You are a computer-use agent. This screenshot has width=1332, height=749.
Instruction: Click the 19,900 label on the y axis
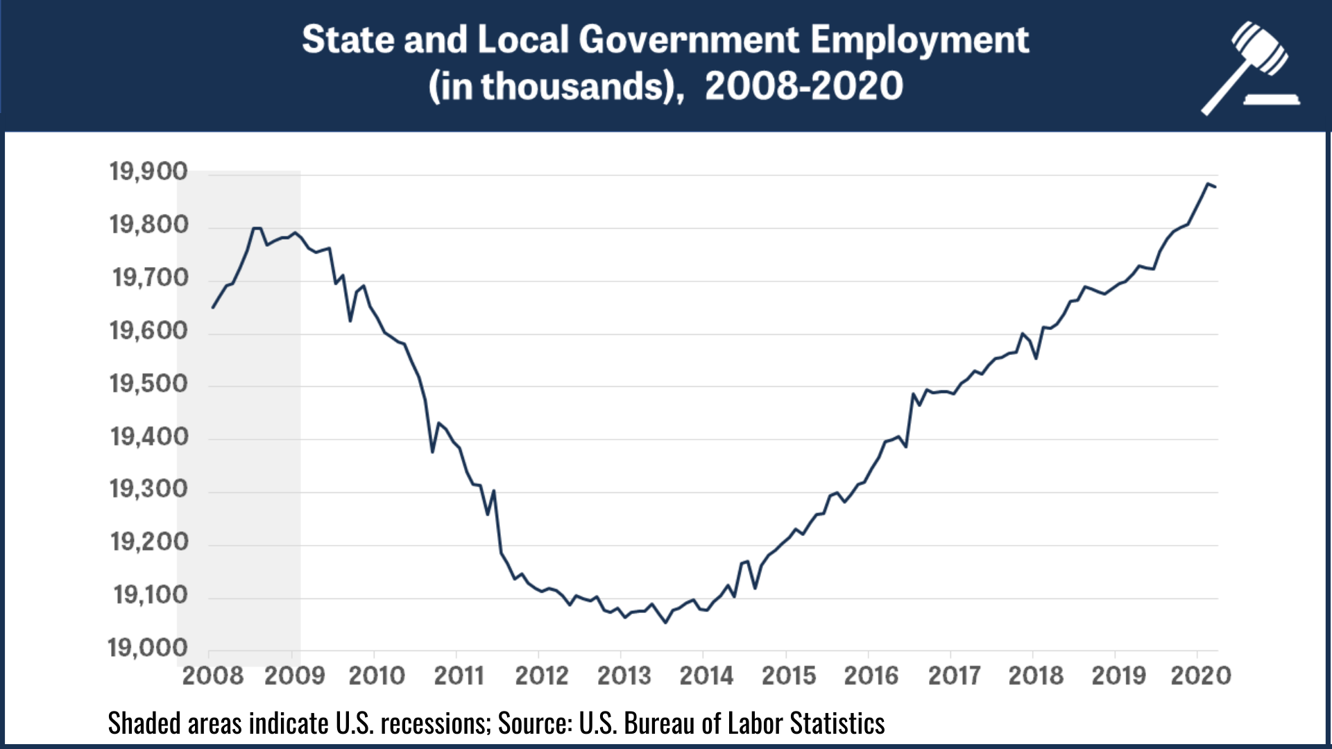[x=148, y=171]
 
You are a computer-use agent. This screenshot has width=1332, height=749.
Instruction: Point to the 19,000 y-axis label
[x=148, y=648]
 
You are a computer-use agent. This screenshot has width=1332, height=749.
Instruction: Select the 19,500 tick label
[x=148, y=384]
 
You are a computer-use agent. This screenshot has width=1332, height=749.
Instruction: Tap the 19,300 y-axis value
[x=148, y=489]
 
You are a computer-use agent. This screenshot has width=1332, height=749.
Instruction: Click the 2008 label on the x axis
[x=212, y=675]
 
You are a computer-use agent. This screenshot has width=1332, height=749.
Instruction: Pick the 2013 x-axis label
[x=624, y=675]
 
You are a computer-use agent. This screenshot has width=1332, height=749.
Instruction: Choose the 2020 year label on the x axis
[x=1200, y=675]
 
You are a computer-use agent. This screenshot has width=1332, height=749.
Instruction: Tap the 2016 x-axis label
[x=871, y=675]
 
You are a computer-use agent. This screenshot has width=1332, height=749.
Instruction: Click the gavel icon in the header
[x=1252, y=68]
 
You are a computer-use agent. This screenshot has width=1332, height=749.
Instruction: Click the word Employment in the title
[x=919, y=40]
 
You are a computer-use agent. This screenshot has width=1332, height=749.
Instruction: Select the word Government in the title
[x=689, y=40]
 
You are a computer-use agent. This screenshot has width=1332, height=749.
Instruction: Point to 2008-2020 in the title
[x=803, y=87]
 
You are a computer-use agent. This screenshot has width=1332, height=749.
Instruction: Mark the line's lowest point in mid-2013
[x=665, y=622]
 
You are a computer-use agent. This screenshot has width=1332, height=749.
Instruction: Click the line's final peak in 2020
[x=1208, y=184]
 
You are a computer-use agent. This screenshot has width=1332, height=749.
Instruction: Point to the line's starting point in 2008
[x=213, y=307]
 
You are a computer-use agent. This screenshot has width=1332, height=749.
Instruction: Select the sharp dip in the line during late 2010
[x=432, y=452]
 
